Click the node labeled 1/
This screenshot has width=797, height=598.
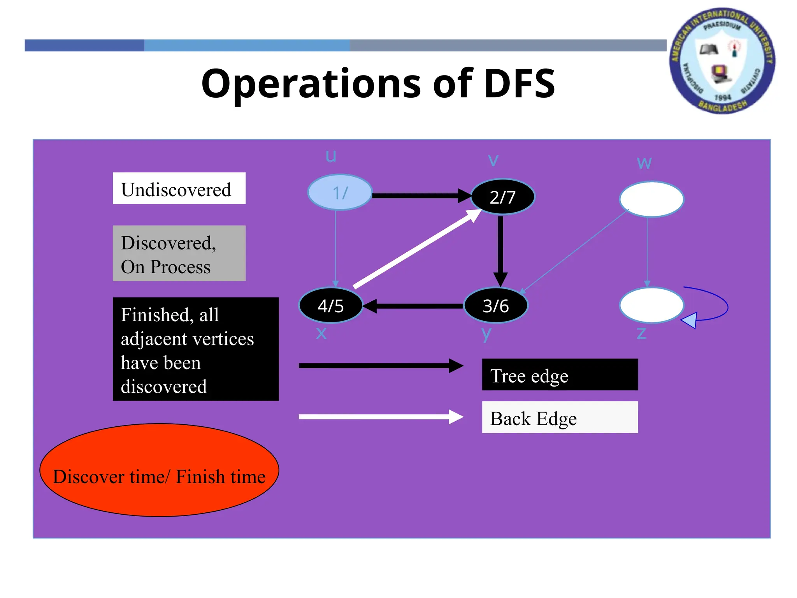point(340,192)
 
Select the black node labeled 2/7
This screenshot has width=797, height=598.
point(503,197)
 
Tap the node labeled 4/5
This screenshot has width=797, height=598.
point(331,306)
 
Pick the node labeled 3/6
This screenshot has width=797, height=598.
point(496,306)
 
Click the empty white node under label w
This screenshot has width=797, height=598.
point(651,199)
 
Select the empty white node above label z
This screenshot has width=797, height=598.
point(651,305)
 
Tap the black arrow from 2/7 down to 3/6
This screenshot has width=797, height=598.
point(500,249)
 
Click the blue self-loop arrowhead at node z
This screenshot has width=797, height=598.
point(690,320)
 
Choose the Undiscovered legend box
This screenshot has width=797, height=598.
point(179,188)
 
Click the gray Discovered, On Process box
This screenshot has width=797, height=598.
point(179,253)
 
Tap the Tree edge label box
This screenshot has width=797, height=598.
point(560,375)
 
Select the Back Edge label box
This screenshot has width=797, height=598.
point(560,417)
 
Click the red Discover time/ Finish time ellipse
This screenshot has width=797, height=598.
point(159,470)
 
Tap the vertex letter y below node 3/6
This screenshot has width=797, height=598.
point(486,334)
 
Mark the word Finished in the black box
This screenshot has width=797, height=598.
point(154,315)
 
